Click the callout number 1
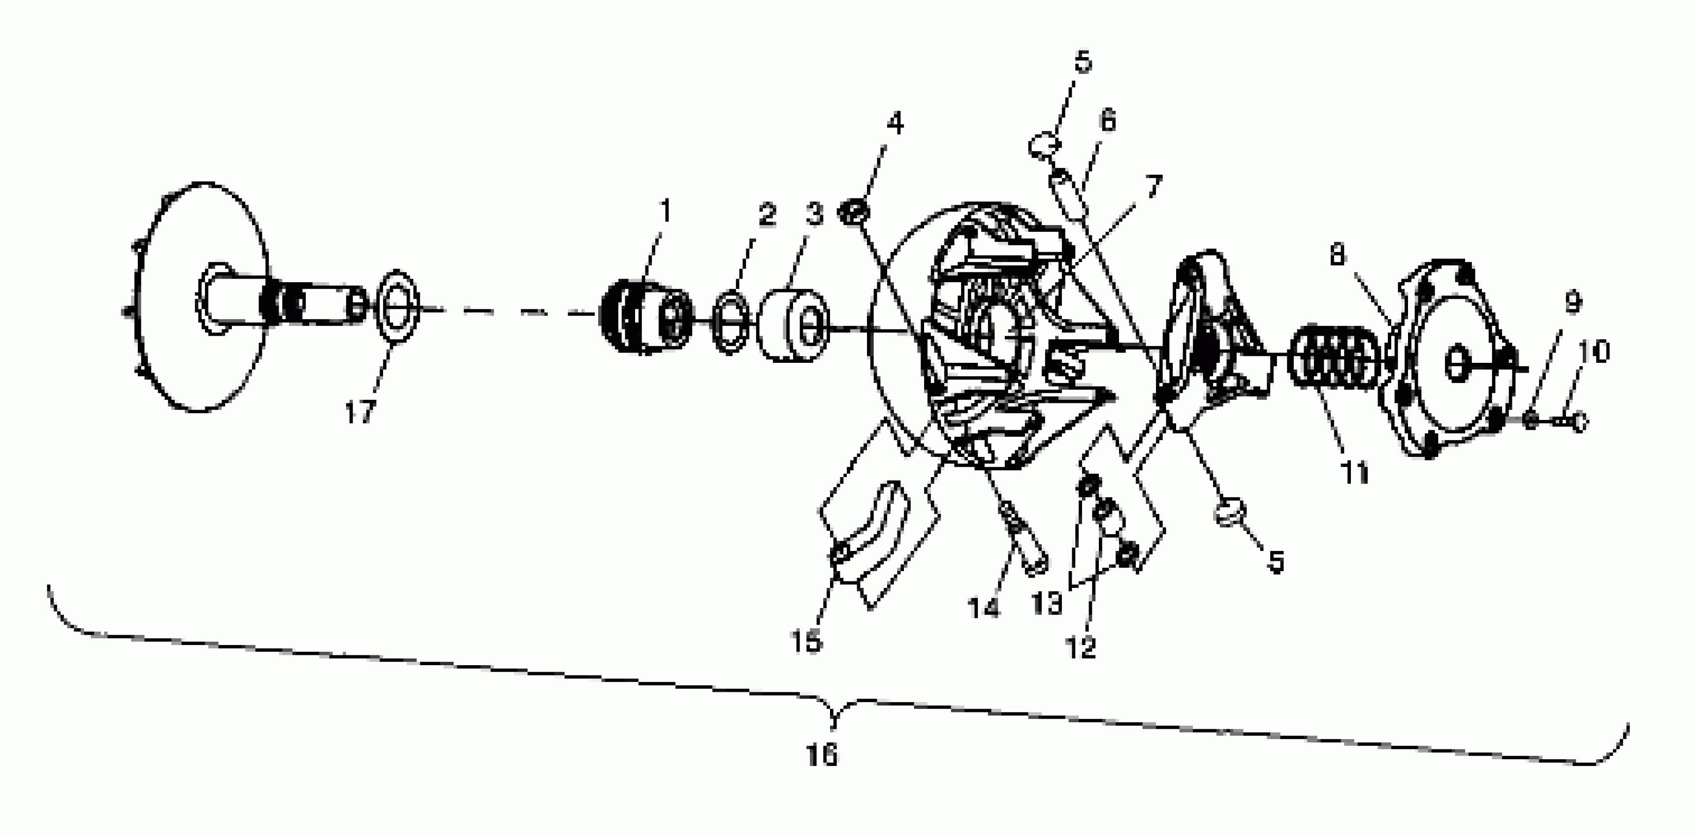(x=666, y=212)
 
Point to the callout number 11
(x=1355, y=473)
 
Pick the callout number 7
(x=1153, y=187)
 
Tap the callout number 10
(x=1594, y=352)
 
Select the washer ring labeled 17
(x=396, y=308)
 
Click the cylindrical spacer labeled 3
(x=793, y=324)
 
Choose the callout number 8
(x=1337, y=255)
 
